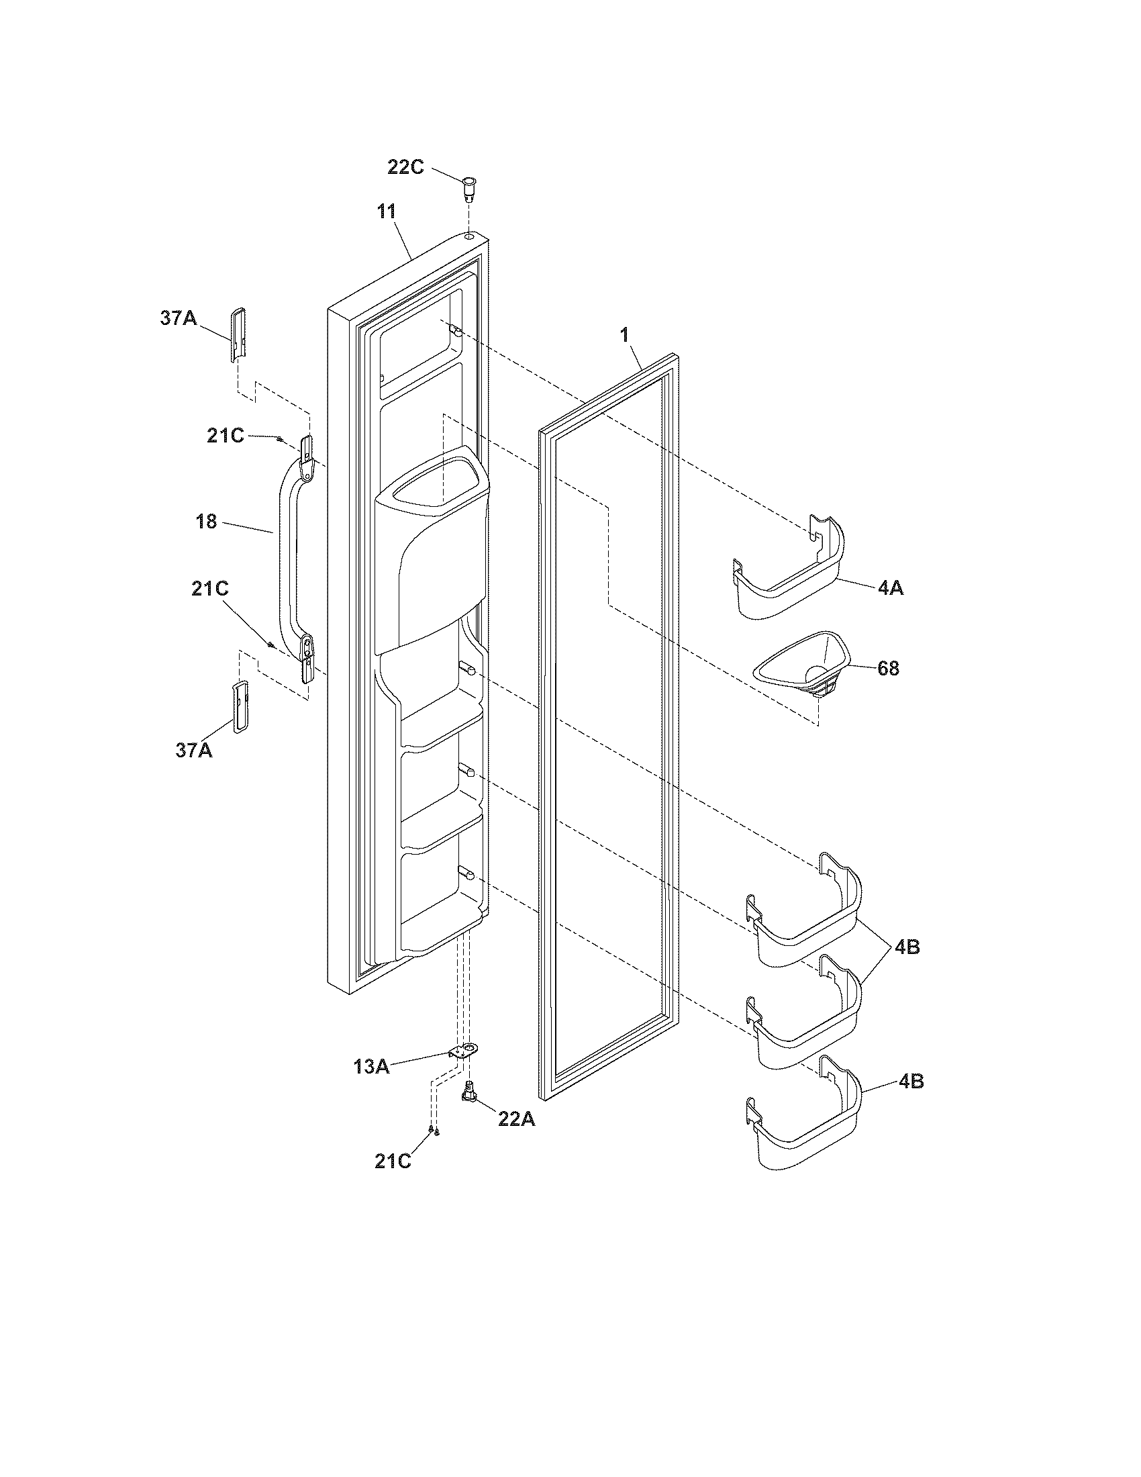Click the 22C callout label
click(x=405, y=167)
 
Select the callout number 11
click(x=387, y=211)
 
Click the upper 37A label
click(x=178, y=318)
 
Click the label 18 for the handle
click(x=206, y=522)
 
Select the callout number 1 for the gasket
click(x=625, y=334)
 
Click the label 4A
click(x=890, y=588)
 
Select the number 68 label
click(x=888, y=668)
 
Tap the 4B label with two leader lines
click(x=907, y=947)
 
